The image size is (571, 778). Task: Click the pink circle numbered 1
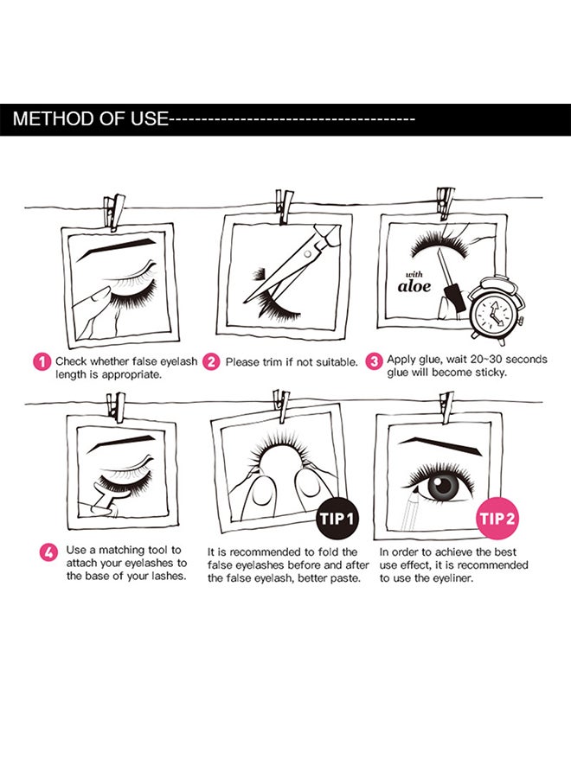pyautogui.click(x=42, y=361)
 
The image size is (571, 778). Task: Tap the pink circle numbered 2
pyautogui.click(x=211, y=361)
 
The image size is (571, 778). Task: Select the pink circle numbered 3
pyautogui.click(x=374, y=361)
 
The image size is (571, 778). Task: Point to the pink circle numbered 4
pyautogui.click(x=48, y=552)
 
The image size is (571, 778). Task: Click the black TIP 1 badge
pyautogui.click(x=337, y=519)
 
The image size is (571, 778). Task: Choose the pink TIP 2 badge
pyautogui.click(x=497, y=519)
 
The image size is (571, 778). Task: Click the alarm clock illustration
pyautogui.click(x=497, y=310)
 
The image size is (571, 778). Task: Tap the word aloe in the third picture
pyautogui.click(x=414, y=286)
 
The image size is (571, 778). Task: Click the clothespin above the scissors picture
pyautogui.click(x=284, y=206)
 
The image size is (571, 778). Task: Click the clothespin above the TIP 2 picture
pyautogui.click(x=447, y=408)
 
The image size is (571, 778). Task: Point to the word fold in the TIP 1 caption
pyautogui.click(x=330, y=552)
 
